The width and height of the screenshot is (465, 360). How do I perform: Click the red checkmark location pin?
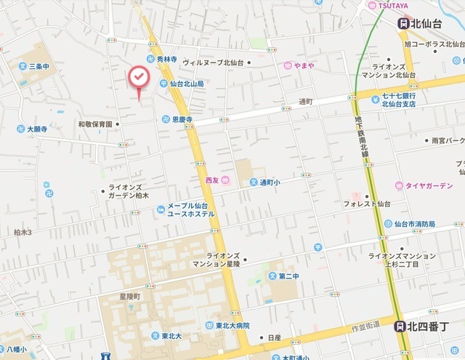tap(138, 78)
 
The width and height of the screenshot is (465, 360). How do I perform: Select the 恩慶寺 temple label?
tap(182, 119)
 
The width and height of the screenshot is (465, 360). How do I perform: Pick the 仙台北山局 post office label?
tap(187, 84)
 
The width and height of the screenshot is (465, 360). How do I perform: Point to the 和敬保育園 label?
tap(95, 124)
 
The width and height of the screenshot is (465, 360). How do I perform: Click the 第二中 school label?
tap(288, 276)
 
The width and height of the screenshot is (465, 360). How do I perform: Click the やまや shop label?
tap(303, 65)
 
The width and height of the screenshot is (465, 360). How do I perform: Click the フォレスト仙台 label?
tap(367, 203)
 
